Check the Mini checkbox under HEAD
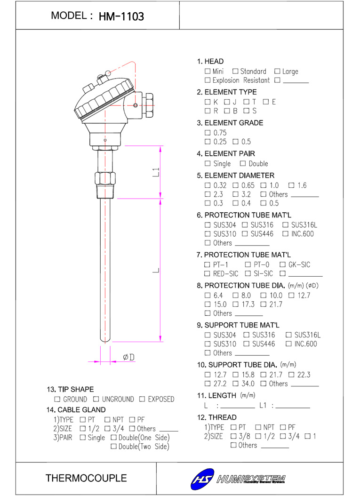[x=208, y=72]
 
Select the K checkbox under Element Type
[x=208, y=102]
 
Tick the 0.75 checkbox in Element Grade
[x=208, y=133]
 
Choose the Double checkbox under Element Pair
[x=243, y=164]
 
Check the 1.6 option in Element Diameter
[x=291, y=185]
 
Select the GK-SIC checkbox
[x=283, y=265]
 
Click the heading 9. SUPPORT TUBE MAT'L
[x=238, y=325]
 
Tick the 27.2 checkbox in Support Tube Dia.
[x=208, y=384]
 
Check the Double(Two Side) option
[x=113, y=447]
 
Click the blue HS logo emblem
[x=203, y=479]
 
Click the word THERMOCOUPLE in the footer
[x=86, y=479]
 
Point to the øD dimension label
[x=128, y=358]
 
